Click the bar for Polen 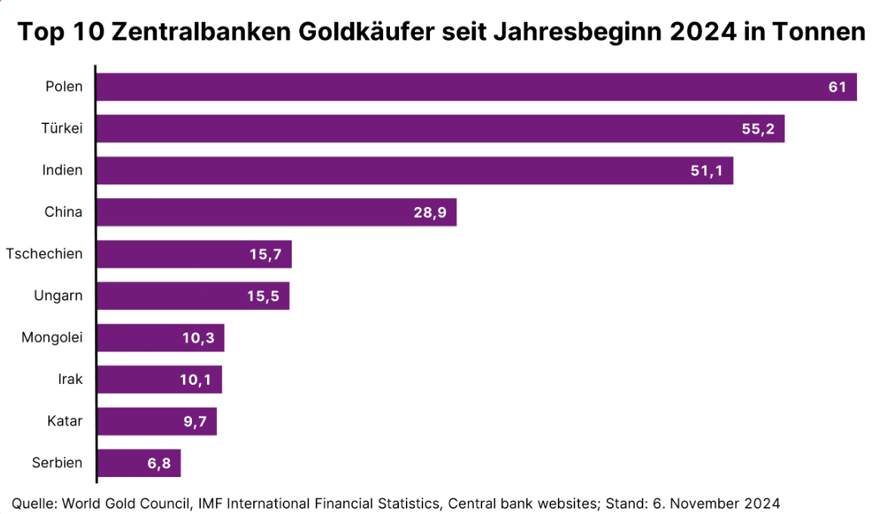(476, 87)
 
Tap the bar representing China (276, 212)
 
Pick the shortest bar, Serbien (138, 463)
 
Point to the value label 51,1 (707, 171)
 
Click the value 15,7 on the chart (265, 255)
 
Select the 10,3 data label (198, 338)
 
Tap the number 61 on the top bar (837, 87)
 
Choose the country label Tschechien (44, 254)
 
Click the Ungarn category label (58, 296)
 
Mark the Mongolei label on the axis (52, 337)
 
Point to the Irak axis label (70, 379)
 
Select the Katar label (64, 421)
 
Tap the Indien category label (62, 170)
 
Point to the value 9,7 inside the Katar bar (194, 422)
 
